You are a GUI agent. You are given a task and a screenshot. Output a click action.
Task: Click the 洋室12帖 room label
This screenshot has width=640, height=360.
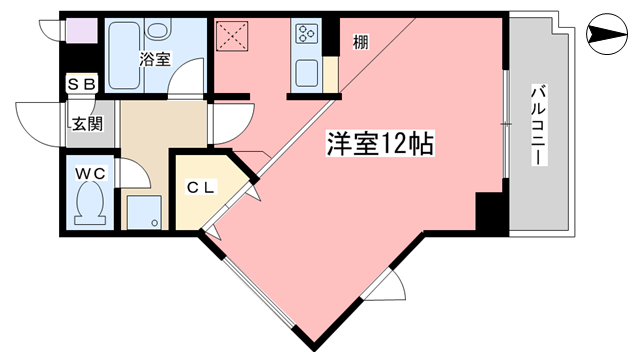tap(380, 143)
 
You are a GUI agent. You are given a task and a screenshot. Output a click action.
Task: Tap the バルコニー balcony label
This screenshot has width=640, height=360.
tap(538, 125)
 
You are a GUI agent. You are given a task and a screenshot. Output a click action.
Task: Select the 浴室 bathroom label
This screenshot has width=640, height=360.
tap(155, 60)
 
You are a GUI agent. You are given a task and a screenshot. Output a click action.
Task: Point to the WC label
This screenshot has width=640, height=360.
tap(90, 174)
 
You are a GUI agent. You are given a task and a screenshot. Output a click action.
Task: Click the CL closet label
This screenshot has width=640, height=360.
tap(201, 187)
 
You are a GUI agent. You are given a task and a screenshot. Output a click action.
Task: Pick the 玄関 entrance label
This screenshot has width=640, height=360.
tap(87, 124)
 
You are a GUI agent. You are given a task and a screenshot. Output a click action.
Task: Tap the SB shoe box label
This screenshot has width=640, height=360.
tap(82, 84)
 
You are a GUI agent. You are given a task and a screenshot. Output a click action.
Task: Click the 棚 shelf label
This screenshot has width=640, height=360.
tap(360, 42)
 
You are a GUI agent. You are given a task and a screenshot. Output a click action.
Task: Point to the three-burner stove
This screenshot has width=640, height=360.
tap(307, 33)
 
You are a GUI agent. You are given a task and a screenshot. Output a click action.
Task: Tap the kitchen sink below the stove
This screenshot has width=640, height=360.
tap(307, 73)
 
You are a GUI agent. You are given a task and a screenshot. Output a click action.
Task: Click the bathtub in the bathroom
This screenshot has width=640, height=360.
tap(122, 55)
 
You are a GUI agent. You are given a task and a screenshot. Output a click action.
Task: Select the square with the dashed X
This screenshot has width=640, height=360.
tap(232, 36)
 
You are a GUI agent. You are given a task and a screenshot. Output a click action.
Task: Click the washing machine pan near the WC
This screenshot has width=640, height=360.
tap(144, 212)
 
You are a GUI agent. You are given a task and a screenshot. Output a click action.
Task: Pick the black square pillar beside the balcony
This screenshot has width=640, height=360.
tap(489, 212)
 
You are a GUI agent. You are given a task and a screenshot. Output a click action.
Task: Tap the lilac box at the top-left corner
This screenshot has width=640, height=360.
tap(82, 31)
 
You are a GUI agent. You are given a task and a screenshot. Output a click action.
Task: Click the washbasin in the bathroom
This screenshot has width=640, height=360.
tap(157, 29)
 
